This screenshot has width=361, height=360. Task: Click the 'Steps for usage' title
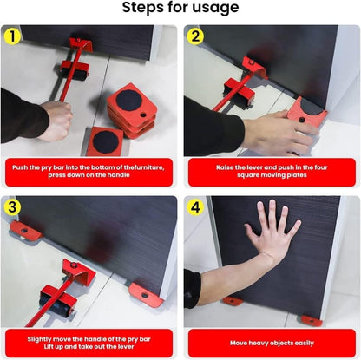[x=180, y=9]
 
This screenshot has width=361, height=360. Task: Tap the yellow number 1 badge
[x=13, y=37]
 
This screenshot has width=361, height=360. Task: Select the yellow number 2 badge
[x=196, y=37]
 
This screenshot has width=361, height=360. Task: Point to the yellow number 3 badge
[x=13, y=208]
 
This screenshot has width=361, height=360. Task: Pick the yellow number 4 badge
[x=196, y=208]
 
